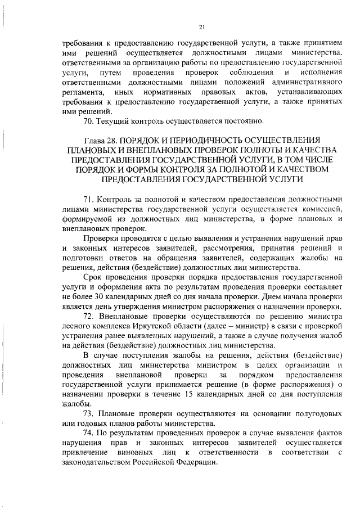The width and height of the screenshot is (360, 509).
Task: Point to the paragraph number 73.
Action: pos(88,413)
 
